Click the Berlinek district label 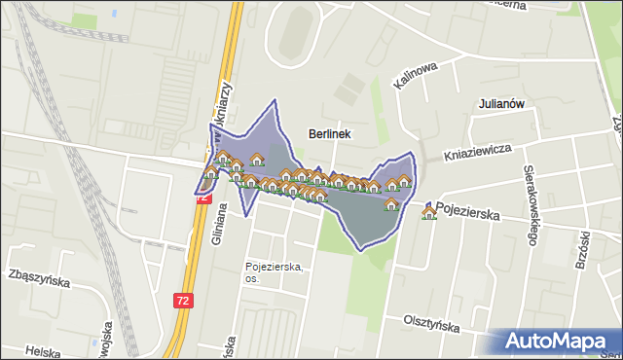tap(329, 133)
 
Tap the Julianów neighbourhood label tap(502, 103)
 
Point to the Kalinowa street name tap(417, 75)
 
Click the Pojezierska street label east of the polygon tap(467, 208)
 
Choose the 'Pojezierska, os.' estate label tap(275, 271)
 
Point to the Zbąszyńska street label tap(39, 280)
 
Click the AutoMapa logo tap(559, 342)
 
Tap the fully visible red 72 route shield tap(184, 301)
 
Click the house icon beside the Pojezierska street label tap(428, 212)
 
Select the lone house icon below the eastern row tap(391, 204)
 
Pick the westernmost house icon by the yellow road tap(210, 173)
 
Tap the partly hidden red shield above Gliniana tap(203, 197)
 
